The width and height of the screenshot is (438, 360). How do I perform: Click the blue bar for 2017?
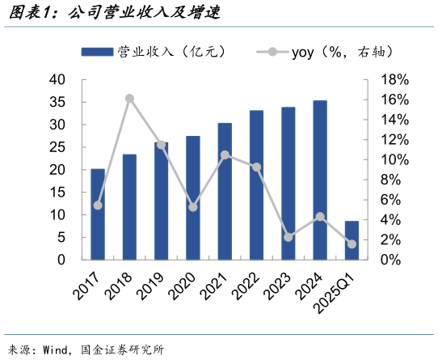[97, 214]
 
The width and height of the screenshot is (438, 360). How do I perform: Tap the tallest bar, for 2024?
[320, 180]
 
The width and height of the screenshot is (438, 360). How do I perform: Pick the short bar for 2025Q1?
[352, 240]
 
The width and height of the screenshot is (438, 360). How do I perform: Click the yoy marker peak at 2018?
[129, 99]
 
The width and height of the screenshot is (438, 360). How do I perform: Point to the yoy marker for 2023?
[288, 237]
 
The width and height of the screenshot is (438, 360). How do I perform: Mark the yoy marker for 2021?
[225, 155]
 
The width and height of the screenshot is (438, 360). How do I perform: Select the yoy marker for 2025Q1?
[352, 244]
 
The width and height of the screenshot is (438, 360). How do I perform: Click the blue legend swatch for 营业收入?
[98, 52]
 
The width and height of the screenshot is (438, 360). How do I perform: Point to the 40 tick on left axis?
[57, 80]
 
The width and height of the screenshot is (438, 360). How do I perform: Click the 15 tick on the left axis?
[57, 193]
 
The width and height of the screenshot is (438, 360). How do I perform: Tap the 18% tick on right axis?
[394, 80]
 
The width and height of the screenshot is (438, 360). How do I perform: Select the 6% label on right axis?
[391, 200]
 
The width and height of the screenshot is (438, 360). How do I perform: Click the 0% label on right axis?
[391, 260]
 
